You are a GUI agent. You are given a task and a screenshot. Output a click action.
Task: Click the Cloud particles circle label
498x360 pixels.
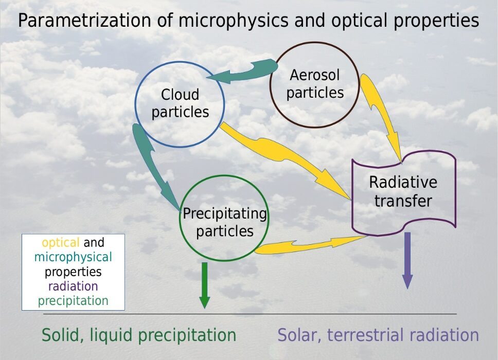point(180,103)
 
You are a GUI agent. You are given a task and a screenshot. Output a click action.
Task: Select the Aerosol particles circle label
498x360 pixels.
point(315,84)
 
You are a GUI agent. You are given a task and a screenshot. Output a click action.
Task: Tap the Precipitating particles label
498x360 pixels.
point(225,223)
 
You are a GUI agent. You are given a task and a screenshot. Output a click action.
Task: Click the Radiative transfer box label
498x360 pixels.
point(403,191)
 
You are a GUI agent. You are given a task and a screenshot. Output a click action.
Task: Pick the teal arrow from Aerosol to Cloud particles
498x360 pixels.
point(243,72)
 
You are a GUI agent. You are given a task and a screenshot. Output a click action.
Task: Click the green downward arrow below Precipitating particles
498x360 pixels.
point(205,285)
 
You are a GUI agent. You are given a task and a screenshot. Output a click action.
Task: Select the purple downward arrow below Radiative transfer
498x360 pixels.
point(407,260)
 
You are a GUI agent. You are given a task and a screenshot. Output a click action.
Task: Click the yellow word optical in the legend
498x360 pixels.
point(60,243)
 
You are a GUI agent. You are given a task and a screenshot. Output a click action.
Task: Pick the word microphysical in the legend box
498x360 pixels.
point(73,257)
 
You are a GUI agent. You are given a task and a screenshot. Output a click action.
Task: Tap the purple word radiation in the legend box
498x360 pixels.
point(73,286)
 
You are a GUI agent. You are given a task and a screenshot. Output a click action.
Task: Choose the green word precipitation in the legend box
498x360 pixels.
point(73,301)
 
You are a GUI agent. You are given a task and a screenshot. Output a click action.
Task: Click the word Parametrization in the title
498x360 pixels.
point(84,21)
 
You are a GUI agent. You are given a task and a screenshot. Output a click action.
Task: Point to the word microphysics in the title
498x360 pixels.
point(234,21)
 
